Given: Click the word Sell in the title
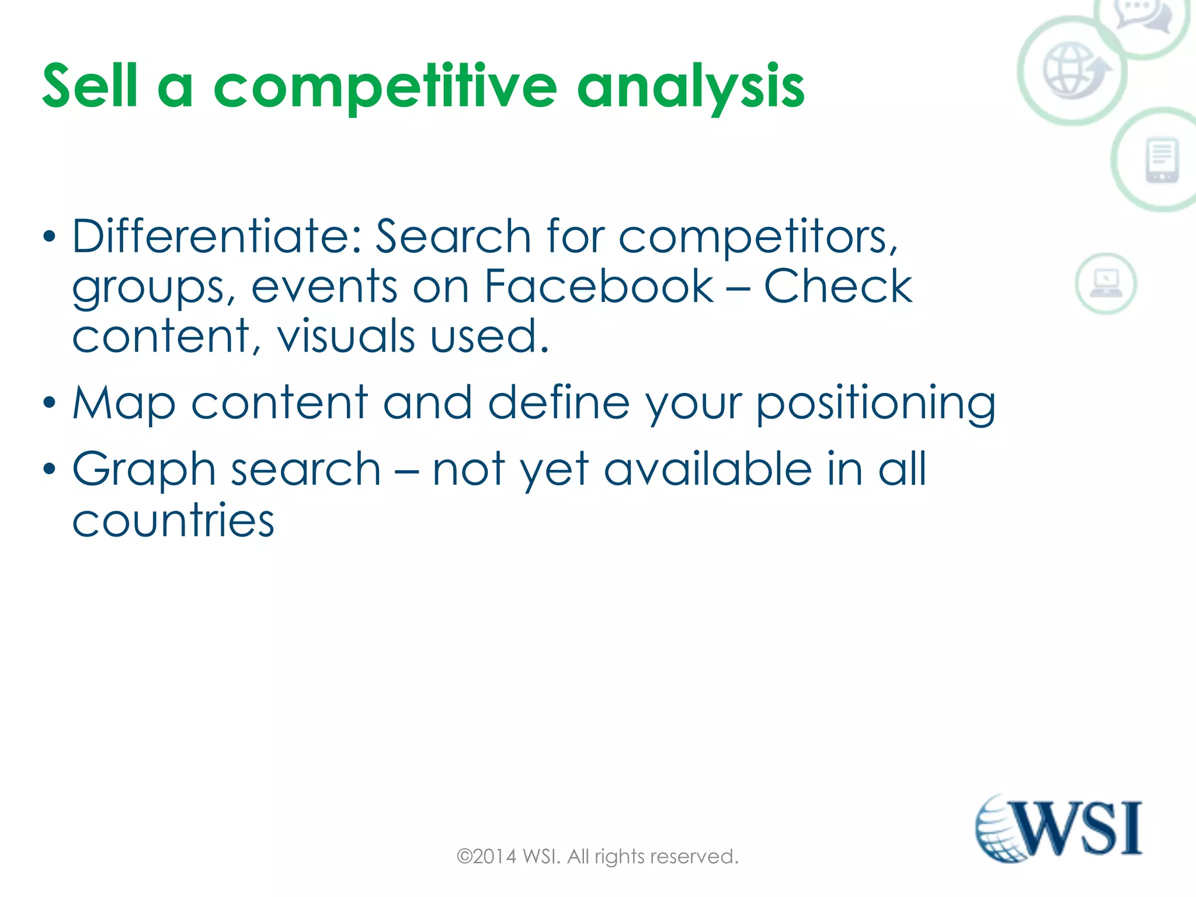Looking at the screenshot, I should pos(90,86).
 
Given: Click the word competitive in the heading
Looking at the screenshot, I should pos(385,88).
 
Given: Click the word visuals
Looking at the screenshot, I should pos(346,336).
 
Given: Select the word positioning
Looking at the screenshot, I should pos(876,404).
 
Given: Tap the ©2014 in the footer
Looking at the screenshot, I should pos(486,857).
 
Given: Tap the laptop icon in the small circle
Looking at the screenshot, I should pos(1105,284).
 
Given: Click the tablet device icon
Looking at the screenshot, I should pos(1162,160).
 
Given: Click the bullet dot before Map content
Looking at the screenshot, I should pos(50,403).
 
